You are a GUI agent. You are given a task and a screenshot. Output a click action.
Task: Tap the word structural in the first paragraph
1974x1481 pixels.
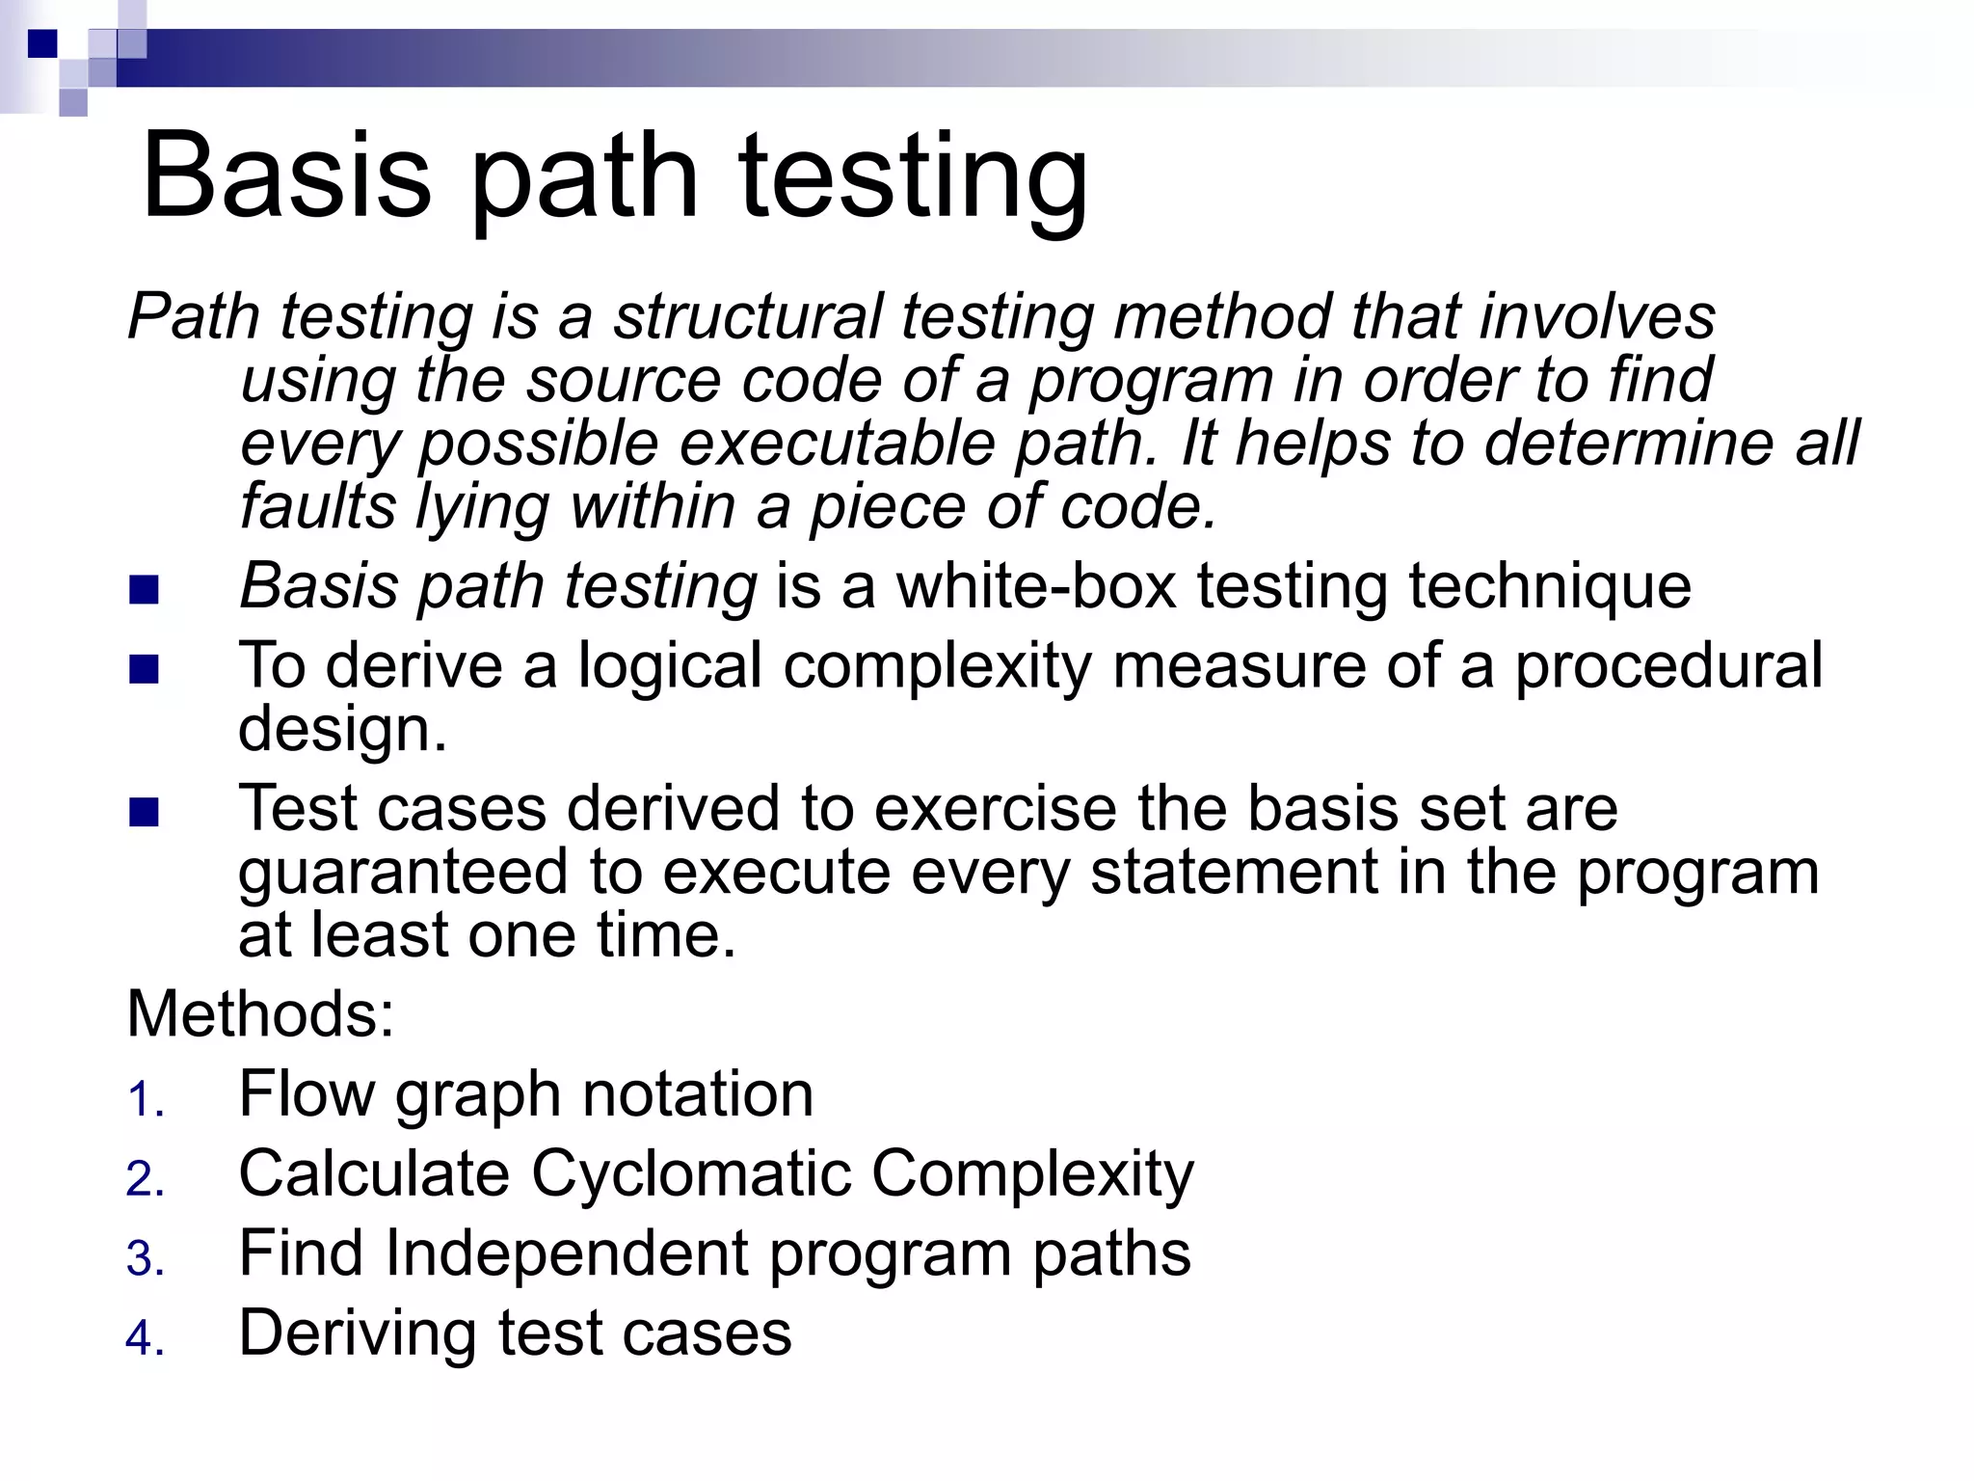coord(747,316)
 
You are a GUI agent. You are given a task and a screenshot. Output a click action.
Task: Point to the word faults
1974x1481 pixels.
coord(318,506)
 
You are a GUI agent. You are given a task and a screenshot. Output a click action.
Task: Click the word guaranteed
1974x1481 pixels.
coord(403,872)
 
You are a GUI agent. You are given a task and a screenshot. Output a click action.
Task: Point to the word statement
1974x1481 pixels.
coord(1235,872)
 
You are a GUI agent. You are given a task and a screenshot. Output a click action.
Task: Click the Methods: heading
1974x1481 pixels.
coord(260,1014)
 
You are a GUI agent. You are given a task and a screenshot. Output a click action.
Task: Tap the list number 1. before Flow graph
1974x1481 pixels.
coord(146,1100)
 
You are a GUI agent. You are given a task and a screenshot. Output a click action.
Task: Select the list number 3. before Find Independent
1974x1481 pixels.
coord(146,1259)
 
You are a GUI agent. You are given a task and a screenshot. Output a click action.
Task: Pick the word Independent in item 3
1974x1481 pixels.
coord(567,1253)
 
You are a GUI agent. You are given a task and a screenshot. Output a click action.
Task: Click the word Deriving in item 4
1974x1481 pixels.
coord(358,1333)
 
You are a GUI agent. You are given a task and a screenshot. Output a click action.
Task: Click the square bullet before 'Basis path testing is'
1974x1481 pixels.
coord(144,589)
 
